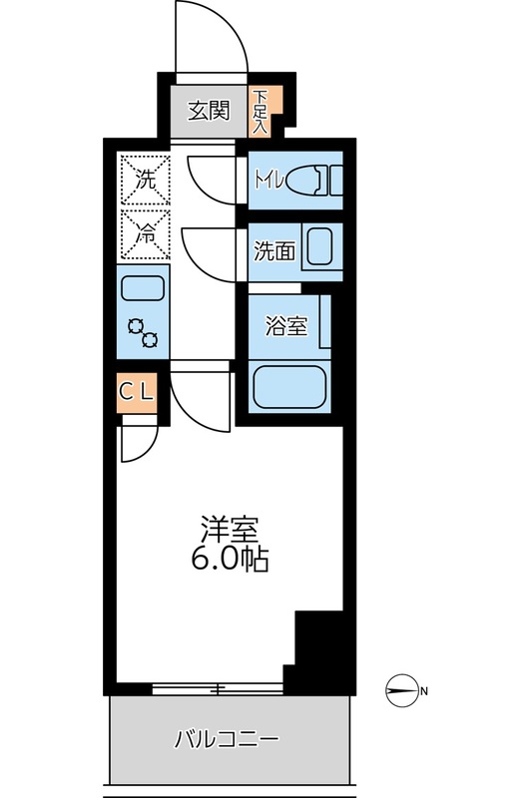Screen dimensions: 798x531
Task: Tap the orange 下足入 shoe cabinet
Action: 261,112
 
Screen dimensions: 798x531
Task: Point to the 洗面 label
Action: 272,251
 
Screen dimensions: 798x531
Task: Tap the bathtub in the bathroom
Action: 289,387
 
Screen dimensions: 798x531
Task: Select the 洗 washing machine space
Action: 145,181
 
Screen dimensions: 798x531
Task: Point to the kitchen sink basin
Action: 144,289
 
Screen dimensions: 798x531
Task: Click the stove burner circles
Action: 144,333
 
